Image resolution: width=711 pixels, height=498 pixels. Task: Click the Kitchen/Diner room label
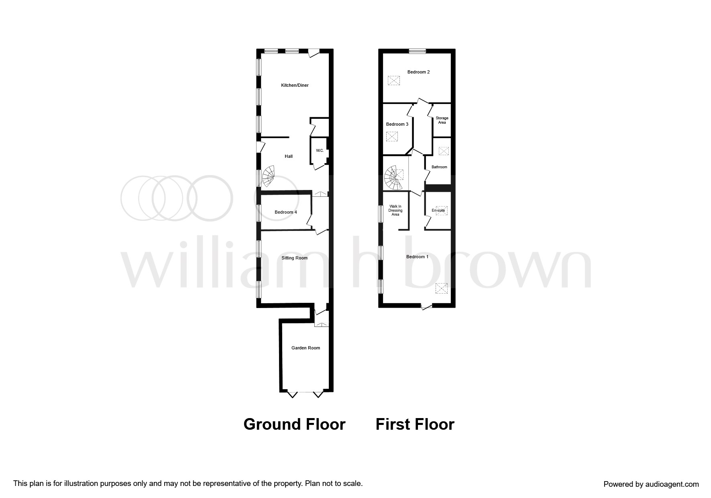pos(295,85)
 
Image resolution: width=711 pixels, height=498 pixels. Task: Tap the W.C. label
pos(320,151)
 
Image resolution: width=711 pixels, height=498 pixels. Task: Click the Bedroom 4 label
pos(285,212)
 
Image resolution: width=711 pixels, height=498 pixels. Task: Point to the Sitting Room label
pos(294,258)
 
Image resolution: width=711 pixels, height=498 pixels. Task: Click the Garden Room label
pos(306,348)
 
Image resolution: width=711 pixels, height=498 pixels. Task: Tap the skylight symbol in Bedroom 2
pos(394,81)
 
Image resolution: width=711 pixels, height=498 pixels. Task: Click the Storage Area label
pos(442,120)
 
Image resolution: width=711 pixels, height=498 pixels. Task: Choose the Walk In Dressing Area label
pos(395,210)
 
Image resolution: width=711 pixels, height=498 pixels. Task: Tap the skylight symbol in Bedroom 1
pos(441,288)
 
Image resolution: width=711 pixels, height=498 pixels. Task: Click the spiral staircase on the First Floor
pos(394,178)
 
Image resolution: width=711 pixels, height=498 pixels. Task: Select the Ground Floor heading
pos(294,425)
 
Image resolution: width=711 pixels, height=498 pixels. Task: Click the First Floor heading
pos(415,425)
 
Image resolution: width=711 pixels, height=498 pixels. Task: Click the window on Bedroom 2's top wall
pos(418,51)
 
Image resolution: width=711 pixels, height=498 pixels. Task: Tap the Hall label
pos(288,156)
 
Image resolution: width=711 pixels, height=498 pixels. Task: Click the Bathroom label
pos(439,167)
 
